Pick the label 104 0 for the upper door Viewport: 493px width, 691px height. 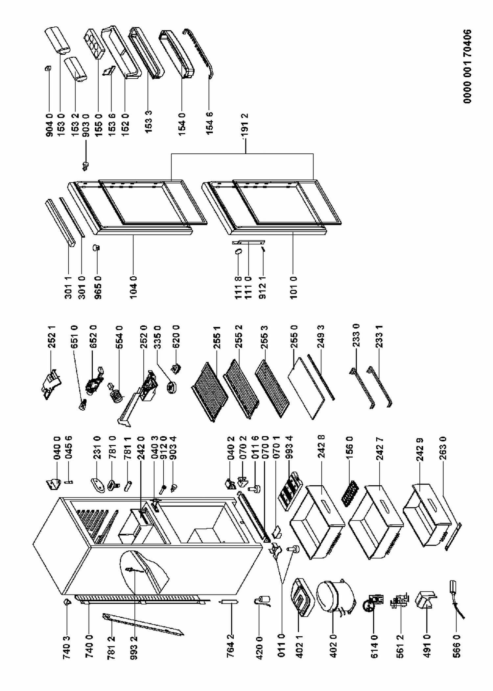133,287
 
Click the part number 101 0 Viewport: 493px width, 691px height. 293,287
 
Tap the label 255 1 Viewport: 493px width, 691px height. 217,337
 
